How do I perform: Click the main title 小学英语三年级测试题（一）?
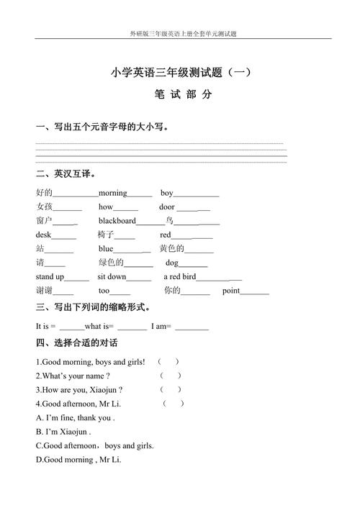[x=181, y=72]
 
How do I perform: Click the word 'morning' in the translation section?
[x=112, y=193]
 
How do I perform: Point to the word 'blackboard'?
[x=117, y=221]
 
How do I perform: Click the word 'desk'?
[x=44, y=235]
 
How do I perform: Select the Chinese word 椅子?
[x=106, y=235]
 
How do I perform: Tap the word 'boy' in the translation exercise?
[x=167, y=193]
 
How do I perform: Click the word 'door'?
[x=167, y=207]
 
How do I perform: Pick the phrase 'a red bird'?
[x=179, y=276]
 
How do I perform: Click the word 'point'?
[x=230, y=291]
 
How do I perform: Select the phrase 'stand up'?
[x=50, y=276]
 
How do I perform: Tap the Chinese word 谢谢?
[x=44, y=291]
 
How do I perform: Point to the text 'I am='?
[x=161, y=326]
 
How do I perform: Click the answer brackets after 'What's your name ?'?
[x=171, y=376]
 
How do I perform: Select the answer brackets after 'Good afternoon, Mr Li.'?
[x=174, y=404]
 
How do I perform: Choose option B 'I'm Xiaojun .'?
[x=63, y=432]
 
